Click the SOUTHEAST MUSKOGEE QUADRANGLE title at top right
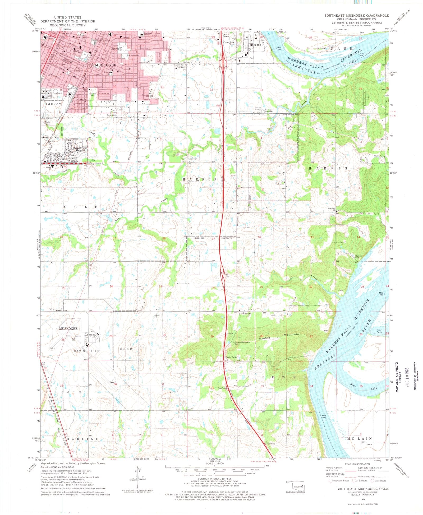357,16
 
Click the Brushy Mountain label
279,336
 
